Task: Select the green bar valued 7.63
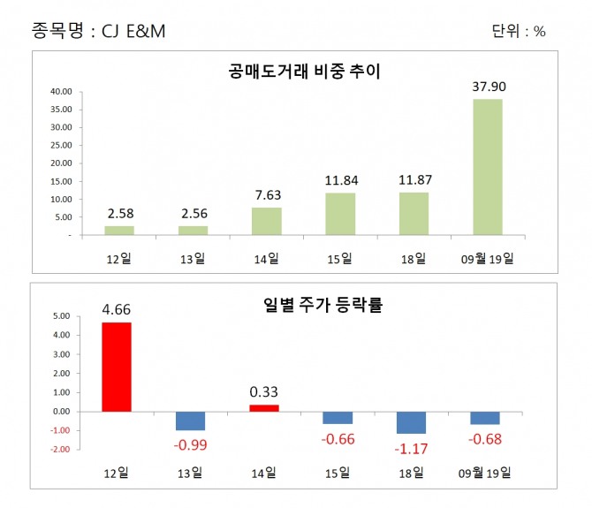266,222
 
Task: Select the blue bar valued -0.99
191,421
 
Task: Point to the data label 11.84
339,181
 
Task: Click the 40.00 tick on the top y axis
61,91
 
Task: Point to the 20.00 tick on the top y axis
61,163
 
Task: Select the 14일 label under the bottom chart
266,472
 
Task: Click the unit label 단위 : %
519,32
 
